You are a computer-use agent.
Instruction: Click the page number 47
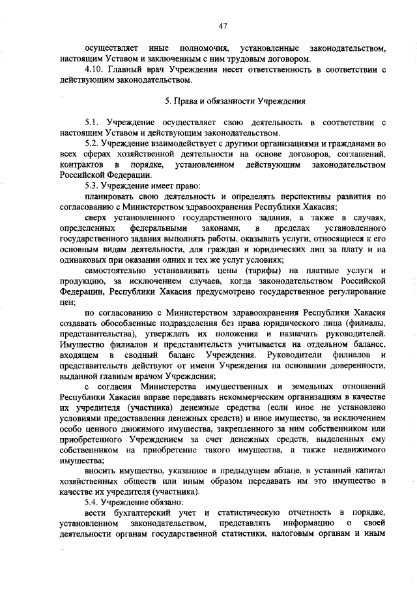click(222, 25)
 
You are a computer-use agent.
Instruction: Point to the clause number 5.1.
click(93, 122)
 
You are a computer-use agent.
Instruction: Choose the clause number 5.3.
click(93, 184)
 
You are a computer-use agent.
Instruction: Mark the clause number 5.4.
click(93, 503)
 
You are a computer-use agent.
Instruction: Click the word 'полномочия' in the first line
click(202, 50)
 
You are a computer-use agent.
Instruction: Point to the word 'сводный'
click(140, 355)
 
